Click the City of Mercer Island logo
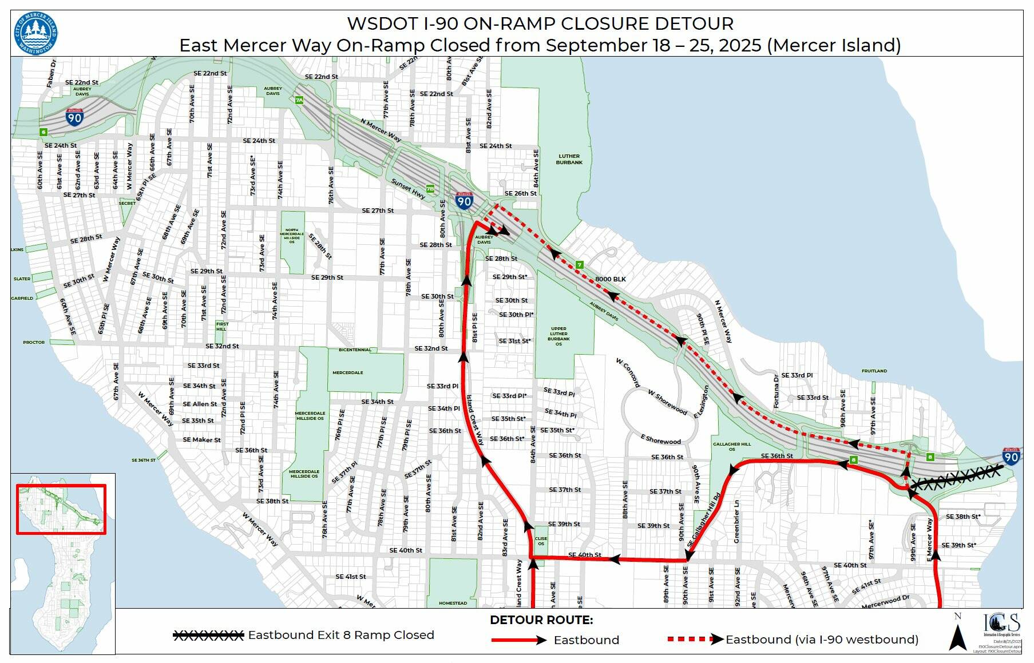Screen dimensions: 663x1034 tap(35, 33)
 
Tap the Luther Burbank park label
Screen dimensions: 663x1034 tap(569, 159)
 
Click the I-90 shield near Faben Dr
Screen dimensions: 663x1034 tap(74, 117)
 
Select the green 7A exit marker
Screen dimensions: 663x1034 tap(299, 100)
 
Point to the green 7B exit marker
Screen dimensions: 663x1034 tap(430, 188)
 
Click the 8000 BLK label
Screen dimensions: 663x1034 tap(610, 279)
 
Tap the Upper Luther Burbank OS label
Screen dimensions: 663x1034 tap(558, 336)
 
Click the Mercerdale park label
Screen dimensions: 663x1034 tap(348, 372)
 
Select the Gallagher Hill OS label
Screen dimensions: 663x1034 tap(731, 446)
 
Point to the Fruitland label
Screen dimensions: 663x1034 tap(874, 371)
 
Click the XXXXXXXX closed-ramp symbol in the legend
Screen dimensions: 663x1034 tap(208, 635)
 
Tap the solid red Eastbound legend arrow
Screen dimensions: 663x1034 tap(518, 640)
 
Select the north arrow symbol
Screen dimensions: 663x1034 tap(958, 633)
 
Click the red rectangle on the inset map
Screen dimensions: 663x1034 tap(61, 509)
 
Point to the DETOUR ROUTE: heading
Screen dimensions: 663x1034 tap(541, 620)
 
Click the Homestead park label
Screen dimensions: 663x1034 tap(453, 603)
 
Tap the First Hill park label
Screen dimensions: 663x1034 tap(221, 327)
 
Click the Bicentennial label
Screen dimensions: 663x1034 tap(355, 350)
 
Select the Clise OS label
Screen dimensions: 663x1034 tap(541, 541)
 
